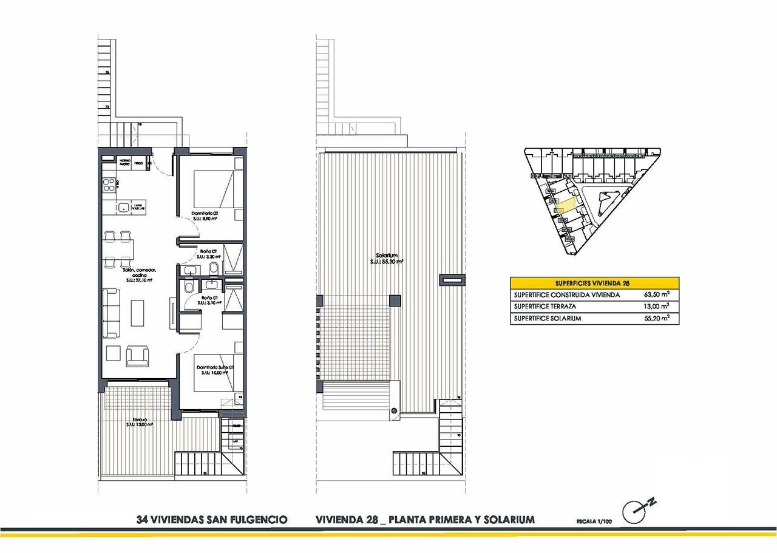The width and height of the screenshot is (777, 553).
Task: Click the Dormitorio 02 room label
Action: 205,213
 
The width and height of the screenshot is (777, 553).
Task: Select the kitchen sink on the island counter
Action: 124,207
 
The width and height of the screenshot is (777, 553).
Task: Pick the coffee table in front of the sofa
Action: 138,313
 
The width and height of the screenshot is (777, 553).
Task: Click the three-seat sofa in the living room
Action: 112,313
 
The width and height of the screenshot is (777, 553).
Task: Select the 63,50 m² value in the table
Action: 657,295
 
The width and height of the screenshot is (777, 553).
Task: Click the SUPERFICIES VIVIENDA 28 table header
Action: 594,283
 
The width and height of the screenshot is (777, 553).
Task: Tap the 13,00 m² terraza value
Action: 657,307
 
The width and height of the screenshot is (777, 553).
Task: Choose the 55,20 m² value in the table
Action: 657,318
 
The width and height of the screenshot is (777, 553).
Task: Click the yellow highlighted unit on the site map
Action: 566,204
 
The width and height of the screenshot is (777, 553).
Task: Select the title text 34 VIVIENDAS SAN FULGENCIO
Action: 212,520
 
